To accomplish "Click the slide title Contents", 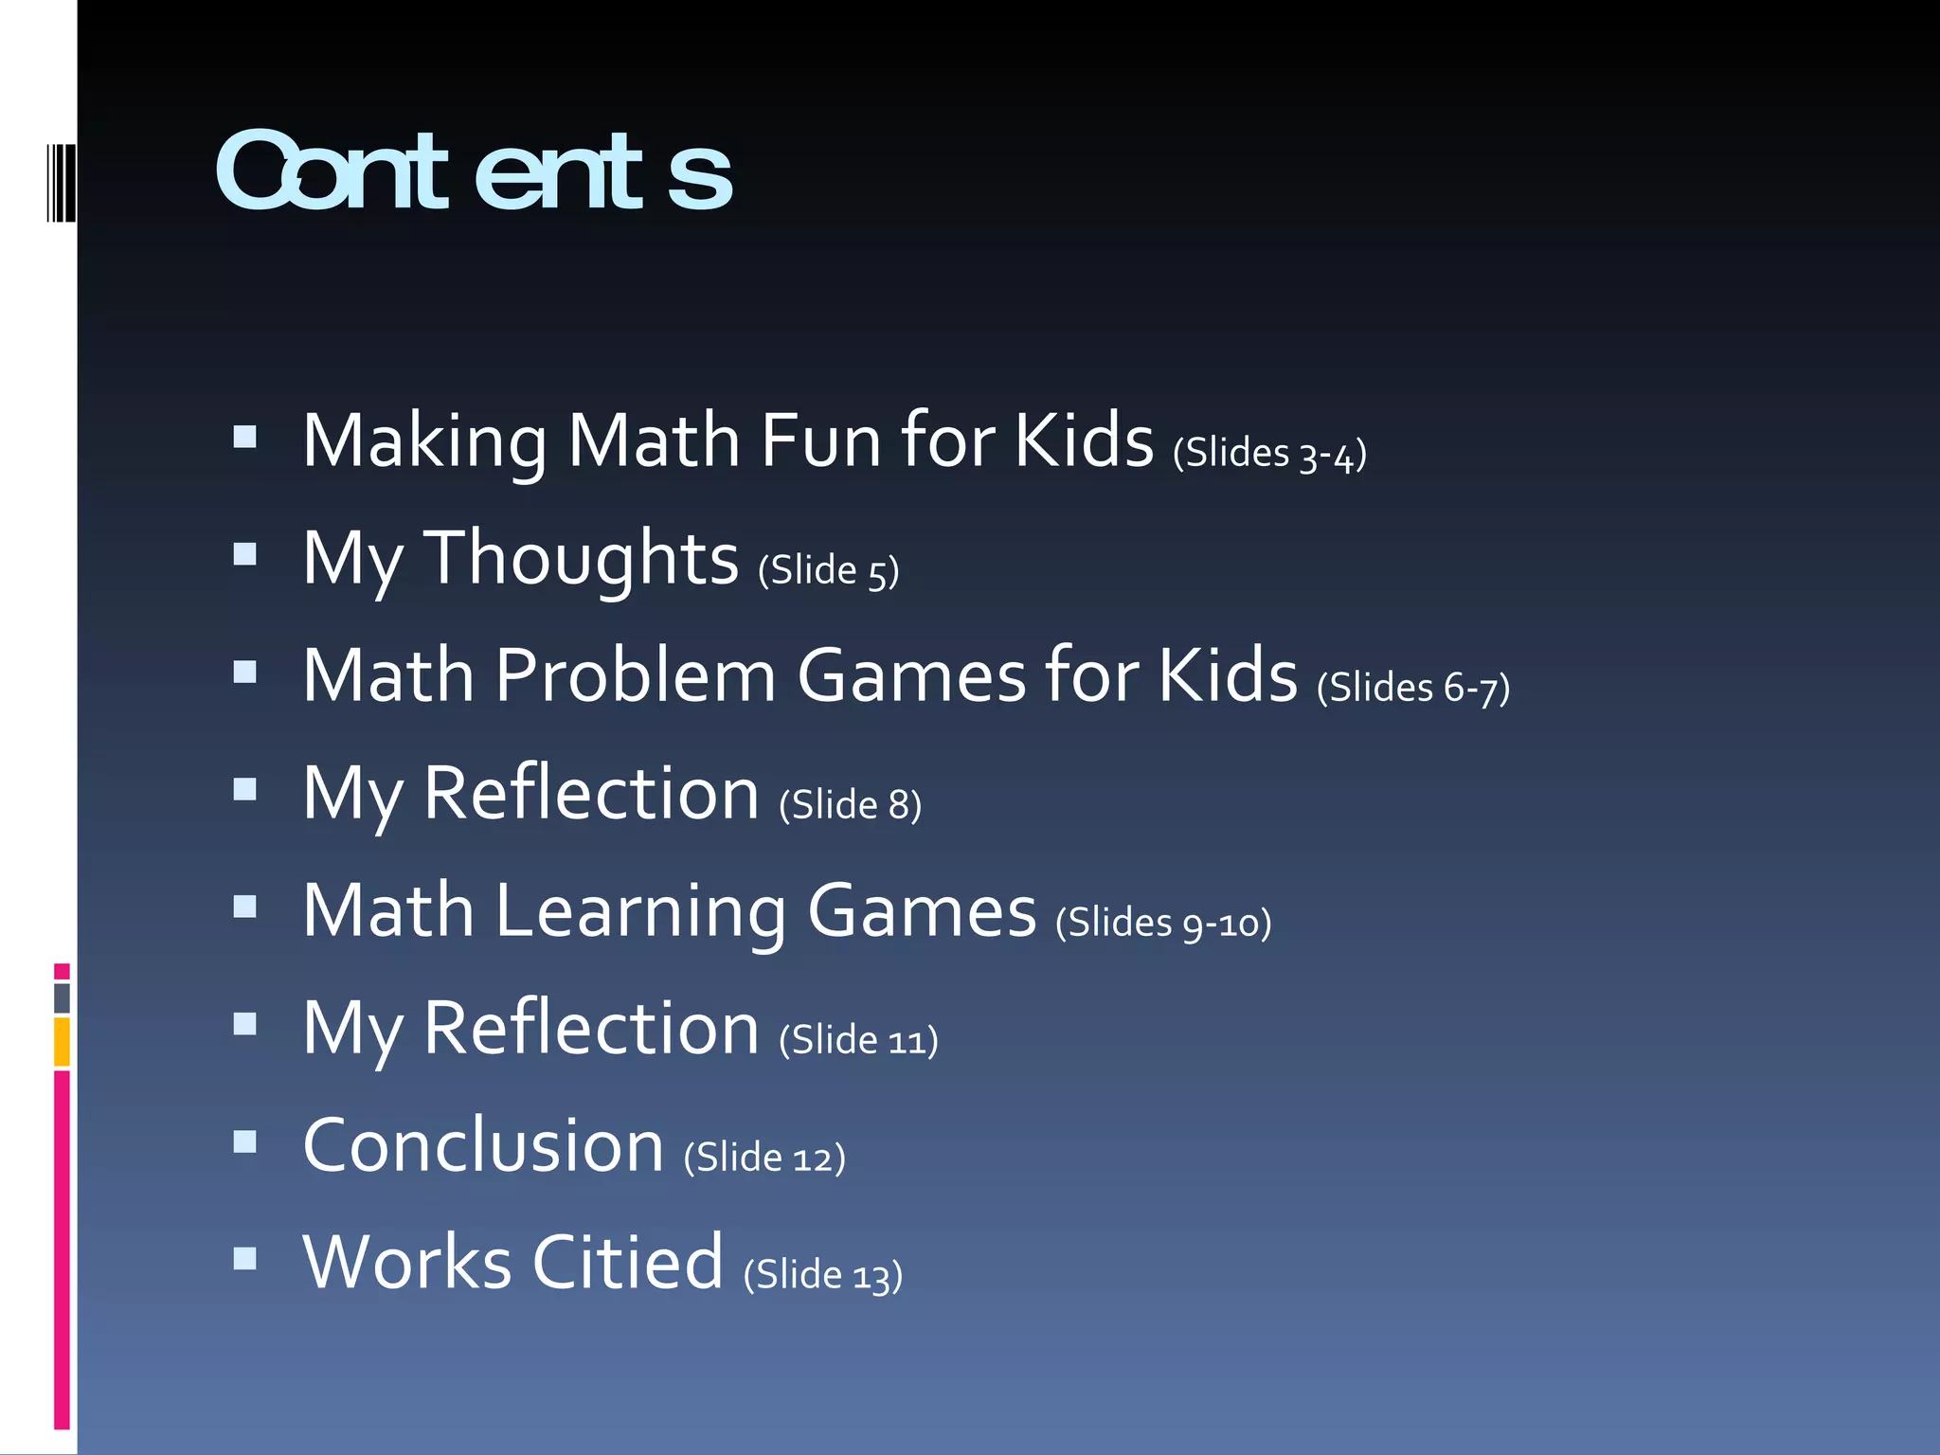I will [474, 172].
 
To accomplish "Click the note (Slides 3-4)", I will [1269, 454].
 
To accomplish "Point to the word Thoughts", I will [580, 559].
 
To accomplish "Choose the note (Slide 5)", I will [828, 571].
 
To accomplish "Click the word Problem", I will [635, 675].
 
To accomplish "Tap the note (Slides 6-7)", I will [1413, 689].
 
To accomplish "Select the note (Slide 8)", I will [850, 806].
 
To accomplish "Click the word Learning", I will [640, 912].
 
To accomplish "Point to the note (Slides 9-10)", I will [1163, 924].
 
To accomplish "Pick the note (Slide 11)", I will [858, 1041].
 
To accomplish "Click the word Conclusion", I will [483, 1145].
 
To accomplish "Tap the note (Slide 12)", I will [764, 1159].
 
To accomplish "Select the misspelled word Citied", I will [627, 1263].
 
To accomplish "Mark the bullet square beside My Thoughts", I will [245, 554].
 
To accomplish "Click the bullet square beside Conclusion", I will [245, 1141].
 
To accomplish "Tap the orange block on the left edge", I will [62, 1041].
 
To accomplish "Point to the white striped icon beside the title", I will [61, 183].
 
